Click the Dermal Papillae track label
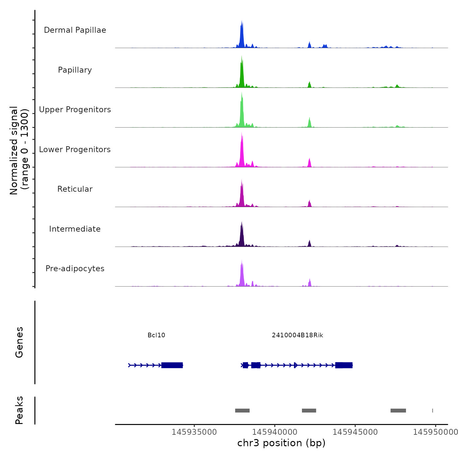coord(75,30)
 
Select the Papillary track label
coord(75,70)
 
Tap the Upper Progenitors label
coord(75,110)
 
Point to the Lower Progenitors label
coord(75,150)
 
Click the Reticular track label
coord(75,189)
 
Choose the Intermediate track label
coord(75,229)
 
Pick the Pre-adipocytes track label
coord(75,269)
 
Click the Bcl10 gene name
coord(156,335)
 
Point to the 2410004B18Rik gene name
coord(297,335)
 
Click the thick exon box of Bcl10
coord(172,365)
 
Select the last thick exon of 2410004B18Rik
coord(344,365)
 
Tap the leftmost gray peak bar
coord(242,411)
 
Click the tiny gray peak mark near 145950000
coord(432,411)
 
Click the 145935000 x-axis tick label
coord(194,432)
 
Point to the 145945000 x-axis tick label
coord(355,432)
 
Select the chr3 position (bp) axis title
coord(281,443)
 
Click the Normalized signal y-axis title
coord(19,150)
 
